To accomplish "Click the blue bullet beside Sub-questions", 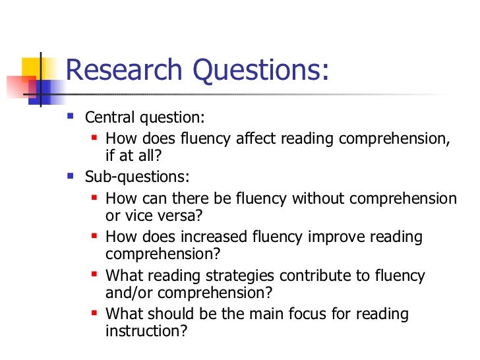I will [71, 176].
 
